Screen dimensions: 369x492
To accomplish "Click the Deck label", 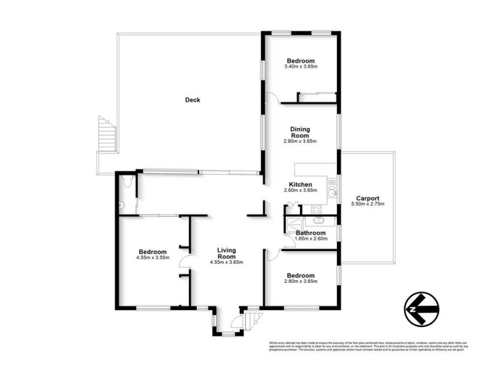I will pyautogui.click(x=192, y=100).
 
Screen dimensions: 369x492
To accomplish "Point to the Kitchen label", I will pyautogui.click(x=300, y=184).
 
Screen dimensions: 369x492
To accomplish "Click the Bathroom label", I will pyautogui.click(x=310, y=233).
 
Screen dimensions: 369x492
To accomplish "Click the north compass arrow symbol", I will pyautogui.click(x=421, y=305).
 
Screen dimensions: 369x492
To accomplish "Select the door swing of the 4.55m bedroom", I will pyautogui.click(x=183, y=263).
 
